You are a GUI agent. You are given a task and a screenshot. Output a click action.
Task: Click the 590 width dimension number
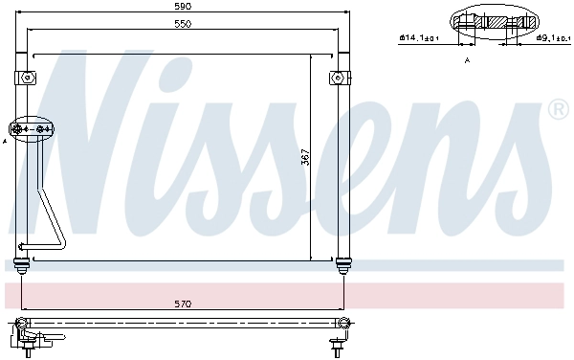coord(183,7)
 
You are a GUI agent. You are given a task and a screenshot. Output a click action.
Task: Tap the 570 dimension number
coord(183,304)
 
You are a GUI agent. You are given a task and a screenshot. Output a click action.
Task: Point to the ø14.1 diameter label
coord(418,38)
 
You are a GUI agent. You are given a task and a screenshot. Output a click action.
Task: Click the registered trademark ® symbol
coord(559,112)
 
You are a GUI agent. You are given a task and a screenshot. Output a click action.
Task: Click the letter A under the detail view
coord(467,59)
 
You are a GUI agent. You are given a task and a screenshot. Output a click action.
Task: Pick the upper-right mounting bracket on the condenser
coord(338,77)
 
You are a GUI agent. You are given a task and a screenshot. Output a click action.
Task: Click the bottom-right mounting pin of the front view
coord(342,264)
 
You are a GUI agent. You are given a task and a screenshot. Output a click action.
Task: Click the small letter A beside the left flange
coord(5,142)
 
